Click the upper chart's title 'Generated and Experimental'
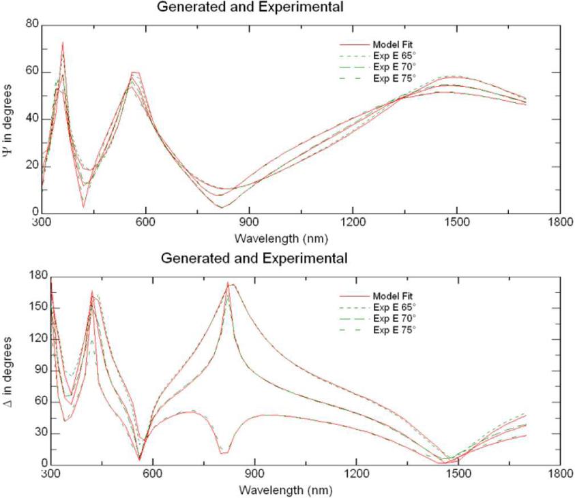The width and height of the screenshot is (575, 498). (250, 7)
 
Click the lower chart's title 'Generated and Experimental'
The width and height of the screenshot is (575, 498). (254, 259)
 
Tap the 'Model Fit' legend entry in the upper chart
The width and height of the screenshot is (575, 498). (394, 46)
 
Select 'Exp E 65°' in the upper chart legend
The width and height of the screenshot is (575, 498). (394, 57)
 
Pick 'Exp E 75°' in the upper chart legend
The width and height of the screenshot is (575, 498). (394, 78)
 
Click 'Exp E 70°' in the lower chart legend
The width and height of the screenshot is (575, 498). (394, 317)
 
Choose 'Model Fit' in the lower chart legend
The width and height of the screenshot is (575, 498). (394, 296)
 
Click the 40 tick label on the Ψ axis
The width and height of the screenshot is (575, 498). (30, 120)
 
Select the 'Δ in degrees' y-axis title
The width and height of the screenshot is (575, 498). (8, 370)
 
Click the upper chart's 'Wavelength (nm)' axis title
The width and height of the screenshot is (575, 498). (276, 238)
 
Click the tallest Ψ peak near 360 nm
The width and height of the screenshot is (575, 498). (63, 42)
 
